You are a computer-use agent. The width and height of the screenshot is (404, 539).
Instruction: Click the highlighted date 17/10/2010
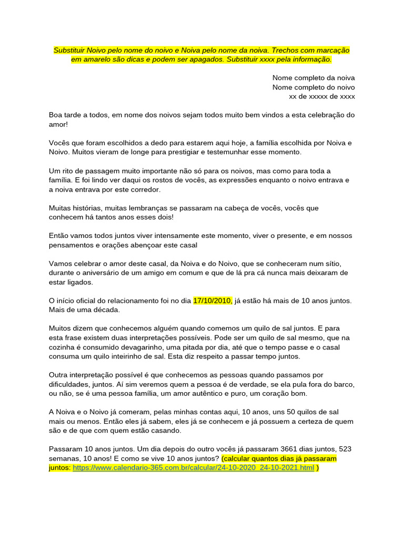pyautogui.click(x=212, y=301)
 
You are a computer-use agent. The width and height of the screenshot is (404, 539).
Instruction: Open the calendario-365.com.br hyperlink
pyautogui.click(x=193, y=467)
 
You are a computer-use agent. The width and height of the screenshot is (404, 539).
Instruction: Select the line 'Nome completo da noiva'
pyautogui.click(x=314, y=78)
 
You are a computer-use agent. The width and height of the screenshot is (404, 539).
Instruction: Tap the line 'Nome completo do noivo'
pyautogui.click(x=314, y=87)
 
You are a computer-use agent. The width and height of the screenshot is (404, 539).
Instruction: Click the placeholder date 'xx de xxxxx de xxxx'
pyautogui.click(x=322, y=96)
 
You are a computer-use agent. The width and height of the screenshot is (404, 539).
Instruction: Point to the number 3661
pyautogui.click(x=291, y=449)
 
